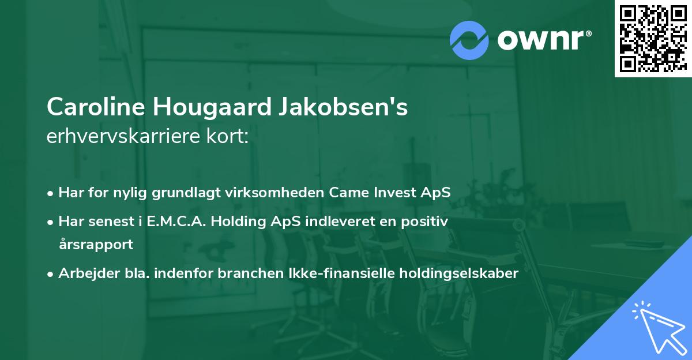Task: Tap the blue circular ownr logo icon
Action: click(x=469, y=40)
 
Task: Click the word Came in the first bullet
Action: click(x=348, y=192)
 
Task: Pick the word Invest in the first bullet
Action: click(x=392, y=192)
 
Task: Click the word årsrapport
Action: click(x=96, y=244)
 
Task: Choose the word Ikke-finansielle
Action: click(x=330, y=273)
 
